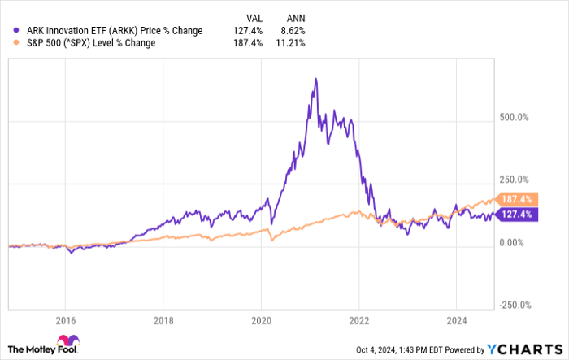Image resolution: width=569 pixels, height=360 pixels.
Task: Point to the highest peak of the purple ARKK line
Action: (x=314, y=79)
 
